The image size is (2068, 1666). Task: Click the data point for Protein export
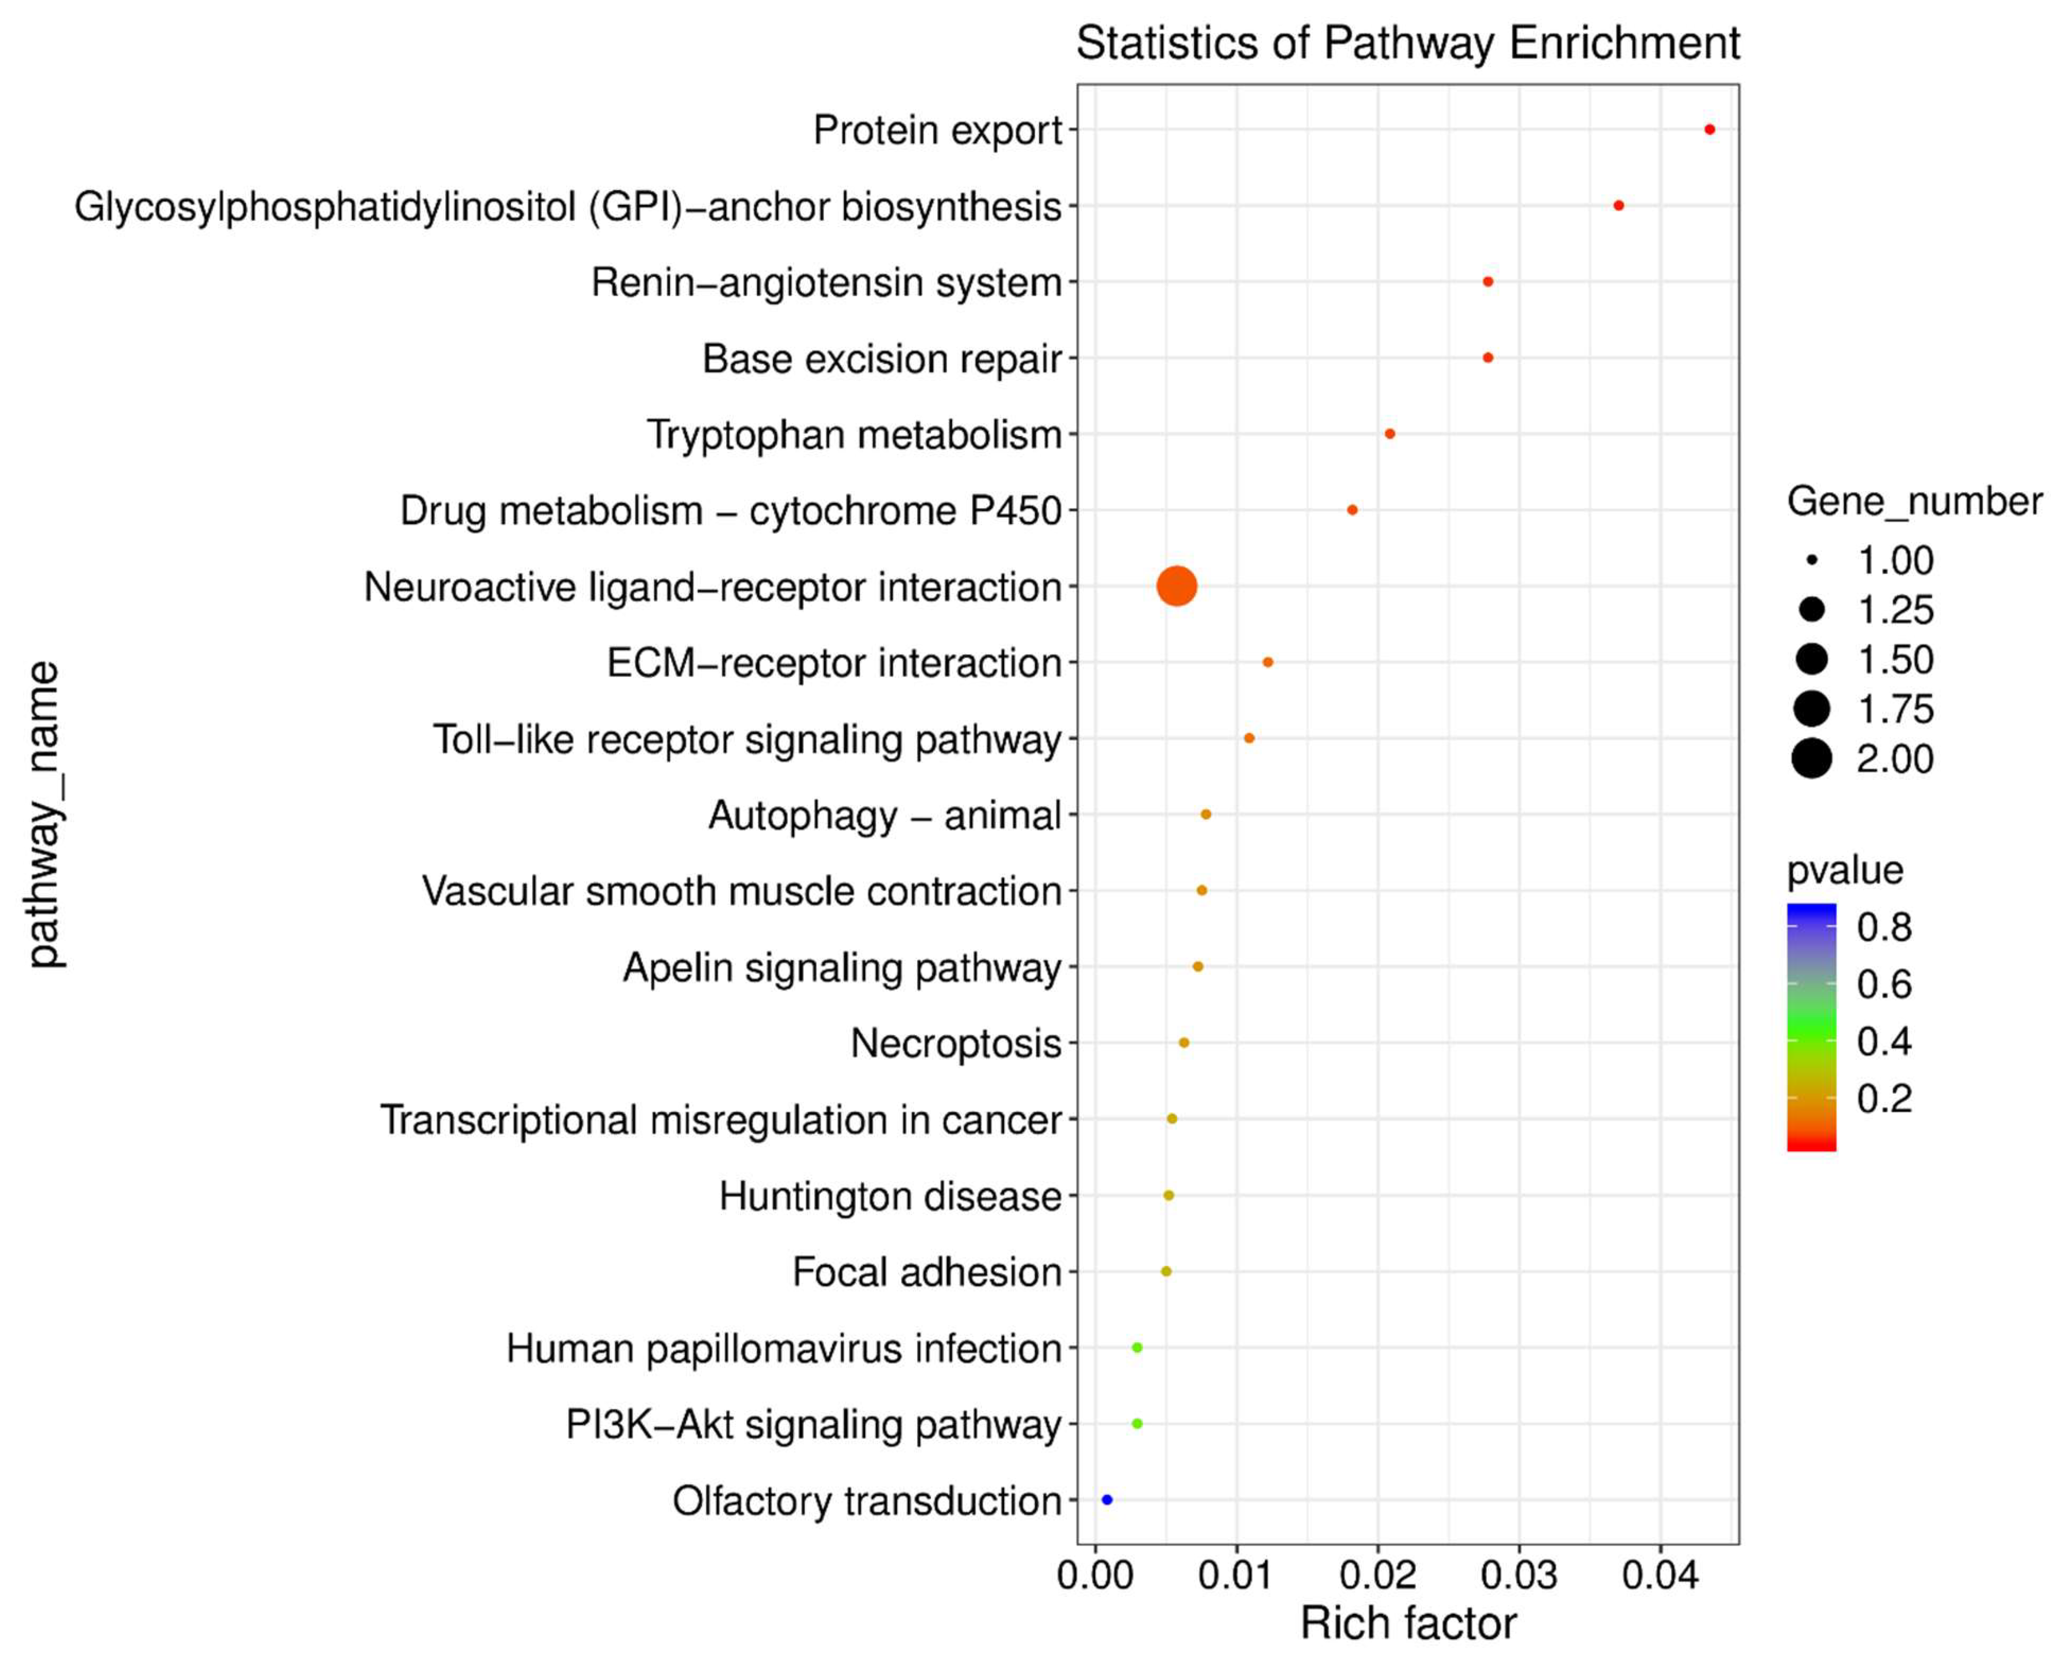(x=1709, y=129)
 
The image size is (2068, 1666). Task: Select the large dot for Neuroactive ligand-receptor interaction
(x=1177, y=586)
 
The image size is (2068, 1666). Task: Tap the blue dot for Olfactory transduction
(x=1107, y=1499)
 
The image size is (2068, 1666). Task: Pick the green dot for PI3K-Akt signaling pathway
(x=1137, y=1423)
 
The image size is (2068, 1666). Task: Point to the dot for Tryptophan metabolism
(x=1390, y=434)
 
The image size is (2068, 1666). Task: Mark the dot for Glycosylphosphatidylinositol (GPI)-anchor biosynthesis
(x=1619, y=205)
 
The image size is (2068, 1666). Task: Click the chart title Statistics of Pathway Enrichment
(x=1408, y=43)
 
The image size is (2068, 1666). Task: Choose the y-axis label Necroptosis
(x=956, y=1043)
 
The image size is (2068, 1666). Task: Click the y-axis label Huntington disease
(x=890, y=1196)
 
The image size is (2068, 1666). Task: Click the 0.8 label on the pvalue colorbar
(x=1884, y=927)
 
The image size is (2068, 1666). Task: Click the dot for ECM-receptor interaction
(x=1268, y=662)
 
